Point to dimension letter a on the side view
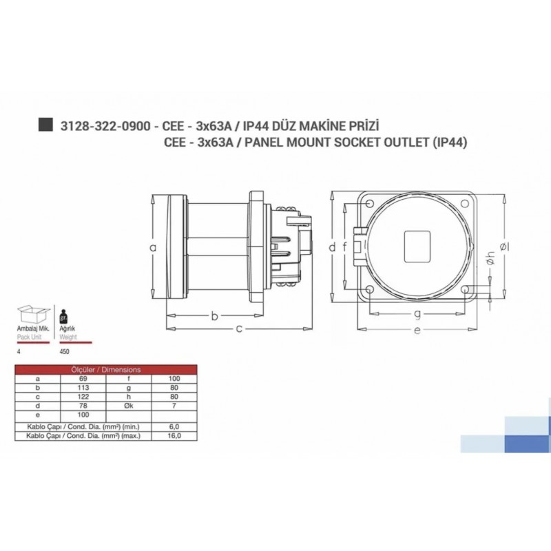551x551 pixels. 154,247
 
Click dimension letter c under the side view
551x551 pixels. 239,329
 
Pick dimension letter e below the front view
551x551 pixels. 418,331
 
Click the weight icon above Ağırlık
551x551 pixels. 65,316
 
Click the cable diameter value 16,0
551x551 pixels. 175,436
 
